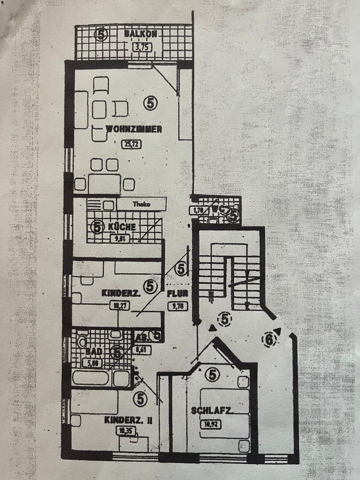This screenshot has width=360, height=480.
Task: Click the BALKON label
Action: click(x=141, y=34)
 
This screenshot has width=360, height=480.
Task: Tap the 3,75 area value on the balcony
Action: click(x=141, y=48)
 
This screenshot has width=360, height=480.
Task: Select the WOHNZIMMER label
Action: click(x=133, y=129)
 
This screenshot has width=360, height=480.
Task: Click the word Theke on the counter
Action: click(x=141, y=204)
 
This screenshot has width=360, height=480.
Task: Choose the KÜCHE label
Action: click(x=121, y=226)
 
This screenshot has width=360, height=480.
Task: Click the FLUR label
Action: click(x=177, y=294)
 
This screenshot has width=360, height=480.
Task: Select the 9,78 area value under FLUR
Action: click(x=178, y=305)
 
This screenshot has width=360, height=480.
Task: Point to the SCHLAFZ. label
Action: click(x=210, y=411)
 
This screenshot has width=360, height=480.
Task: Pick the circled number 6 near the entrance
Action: click(x=269, y=340)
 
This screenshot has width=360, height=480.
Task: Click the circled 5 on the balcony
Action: click(x=101, y=34)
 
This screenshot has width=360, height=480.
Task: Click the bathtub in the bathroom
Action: click(x=91, y=377)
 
